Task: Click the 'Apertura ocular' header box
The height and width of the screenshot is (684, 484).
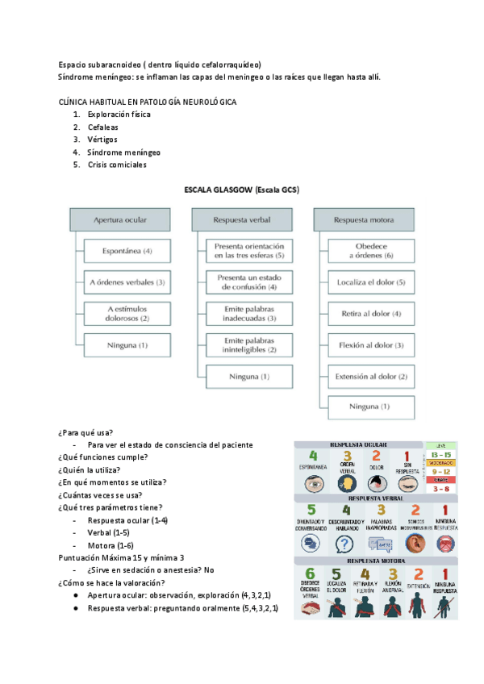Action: (x=119, y=219)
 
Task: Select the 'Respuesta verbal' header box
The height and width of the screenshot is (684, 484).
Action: (x=241, y=219)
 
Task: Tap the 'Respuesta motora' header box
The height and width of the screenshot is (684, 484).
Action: (x=363, y=219)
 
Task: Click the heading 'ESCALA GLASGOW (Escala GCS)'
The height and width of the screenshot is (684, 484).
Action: (x=241, y=190)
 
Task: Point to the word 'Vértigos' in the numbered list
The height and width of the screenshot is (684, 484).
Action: (x=102, y=140)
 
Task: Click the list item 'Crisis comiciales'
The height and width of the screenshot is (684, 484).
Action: (x=116, y=165)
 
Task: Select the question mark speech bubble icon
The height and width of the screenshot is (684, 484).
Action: (x=347, y=543)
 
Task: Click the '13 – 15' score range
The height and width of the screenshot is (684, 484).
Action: (x=440, y=455)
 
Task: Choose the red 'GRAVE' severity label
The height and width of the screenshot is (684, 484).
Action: (x=440, y=480)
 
